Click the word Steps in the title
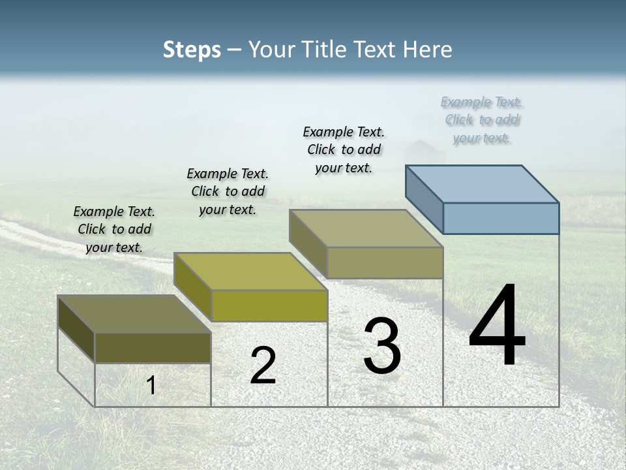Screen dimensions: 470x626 (x=191, y=50)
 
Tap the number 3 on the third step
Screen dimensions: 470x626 (x=382, y=346)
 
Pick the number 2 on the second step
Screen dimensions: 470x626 (x=263, y=366)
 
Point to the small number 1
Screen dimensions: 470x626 (x=151, y=385)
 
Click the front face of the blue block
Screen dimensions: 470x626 (x=501, y=218)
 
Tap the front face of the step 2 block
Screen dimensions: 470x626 (x=269, y=305)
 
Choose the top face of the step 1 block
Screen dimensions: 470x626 (x=134, y=314)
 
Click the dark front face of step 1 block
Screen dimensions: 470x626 (x=153, y=348)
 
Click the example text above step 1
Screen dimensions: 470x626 (x=114, y=229)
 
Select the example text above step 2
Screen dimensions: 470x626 (x=228, y=191)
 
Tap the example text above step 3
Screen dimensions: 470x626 (x=344, y=149)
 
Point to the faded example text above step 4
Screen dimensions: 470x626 (x=482, y=119)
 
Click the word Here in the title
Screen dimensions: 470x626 (x=428, y=50)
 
